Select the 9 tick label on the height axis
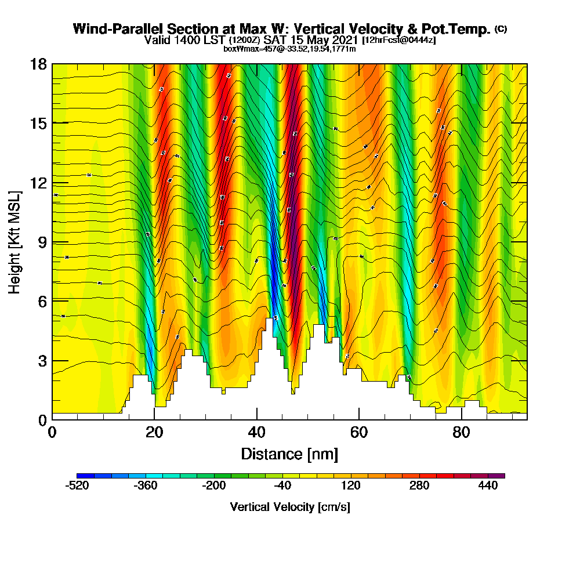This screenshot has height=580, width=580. coord(41,242)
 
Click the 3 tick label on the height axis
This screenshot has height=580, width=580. coord(41,360)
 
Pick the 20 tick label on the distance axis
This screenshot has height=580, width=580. coord(154,432)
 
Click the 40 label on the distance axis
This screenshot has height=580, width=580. coord(256,432)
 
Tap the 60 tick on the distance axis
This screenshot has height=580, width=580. coord(359,432)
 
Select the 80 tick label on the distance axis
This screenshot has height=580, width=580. coord(462,432)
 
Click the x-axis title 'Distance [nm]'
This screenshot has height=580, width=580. coord(289,454)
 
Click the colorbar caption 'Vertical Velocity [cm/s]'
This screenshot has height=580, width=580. coord(290,507)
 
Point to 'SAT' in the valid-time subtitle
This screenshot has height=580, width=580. coord(276,40)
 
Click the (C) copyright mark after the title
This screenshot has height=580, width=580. coord(501,29)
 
